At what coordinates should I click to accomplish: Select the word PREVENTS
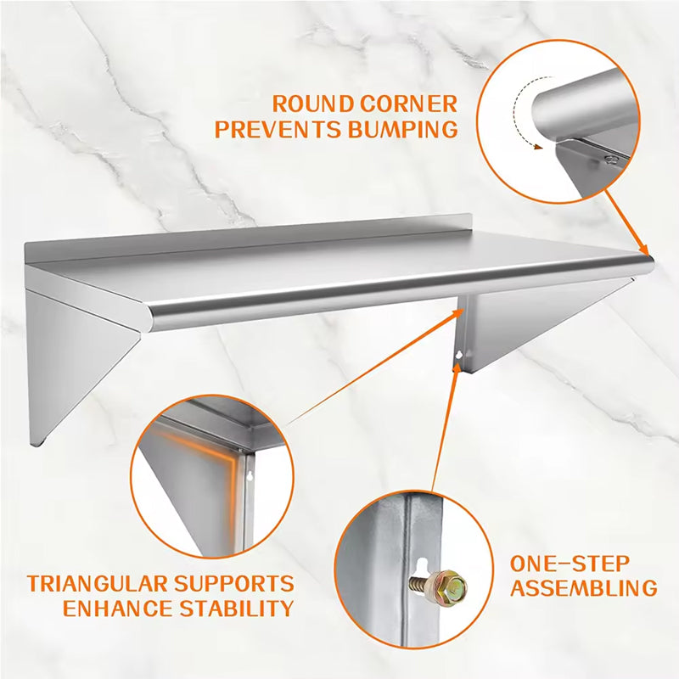tap(273, 130)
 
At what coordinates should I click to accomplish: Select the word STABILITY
tap(239, 609)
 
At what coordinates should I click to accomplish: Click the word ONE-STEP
tap(570, 563)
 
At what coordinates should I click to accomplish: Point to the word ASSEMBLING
tap(583, 587)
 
